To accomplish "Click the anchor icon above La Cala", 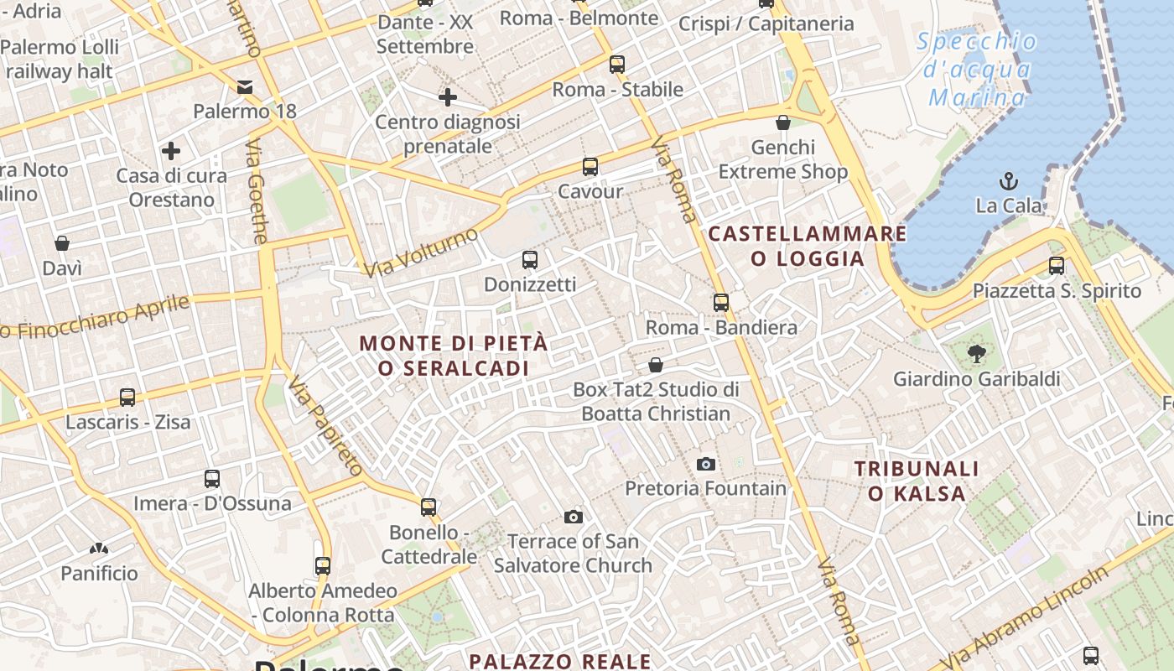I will [x=1009, y=180].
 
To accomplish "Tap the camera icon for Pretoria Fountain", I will [x=706, y=464].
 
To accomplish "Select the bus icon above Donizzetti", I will [x=529, y=259].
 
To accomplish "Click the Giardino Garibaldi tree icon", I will [x=976, y=353].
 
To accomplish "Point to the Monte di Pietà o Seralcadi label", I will [x=454, y=356].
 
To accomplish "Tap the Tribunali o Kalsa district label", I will [x=917, y=481].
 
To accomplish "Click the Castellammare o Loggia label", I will [x=808, y=246].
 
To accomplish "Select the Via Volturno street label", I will [x=421, y=251].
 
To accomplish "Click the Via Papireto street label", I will [x=325, y=427].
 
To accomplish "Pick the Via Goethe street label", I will [x=256, y=191].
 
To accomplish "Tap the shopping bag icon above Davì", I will [x=62, y=243].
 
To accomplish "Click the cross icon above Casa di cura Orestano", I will [x=171, y=151].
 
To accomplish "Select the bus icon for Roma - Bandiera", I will [x=721, y=302].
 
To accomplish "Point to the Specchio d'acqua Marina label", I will [x=977, y=70].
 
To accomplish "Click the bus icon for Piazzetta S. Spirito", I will [x=1057, y=266].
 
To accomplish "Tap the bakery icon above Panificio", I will [x=99, y=549].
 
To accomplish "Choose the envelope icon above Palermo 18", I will [x=245, y=86].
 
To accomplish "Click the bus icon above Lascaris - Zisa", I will [x=127, y=397].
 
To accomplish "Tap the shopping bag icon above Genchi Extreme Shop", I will [x=783, y=122].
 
